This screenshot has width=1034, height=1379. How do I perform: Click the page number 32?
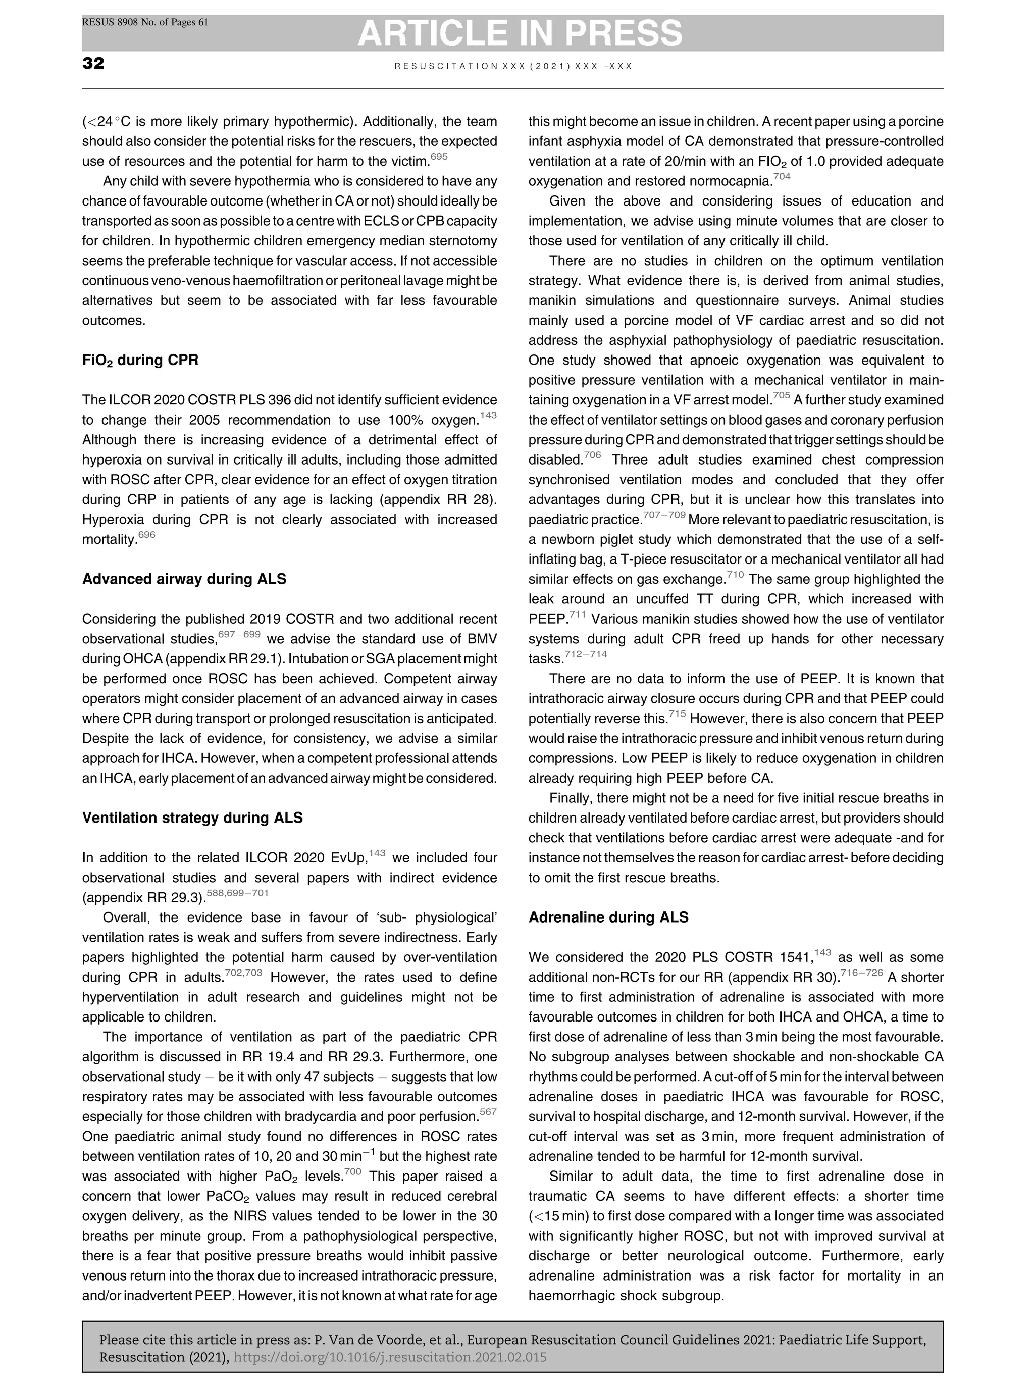point(93,64)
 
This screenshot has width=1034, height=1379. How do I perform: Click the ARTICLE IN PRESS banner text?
point(520,33)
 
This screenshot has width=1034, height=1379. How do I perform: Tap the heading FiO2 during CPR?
point(140,361)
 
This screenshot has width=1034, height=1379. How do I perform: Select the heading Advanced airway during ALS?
point(184,579)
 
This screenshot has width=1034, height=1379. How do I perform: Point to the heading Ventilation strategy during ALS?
point(192,818)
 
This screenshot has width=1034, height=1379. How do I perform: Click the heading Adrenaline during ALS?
point(608,917)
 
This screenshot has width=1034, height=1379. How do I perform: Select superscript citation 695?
point(439,157)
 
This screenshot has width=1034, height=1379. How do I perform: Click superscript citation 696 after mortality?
point(146,535)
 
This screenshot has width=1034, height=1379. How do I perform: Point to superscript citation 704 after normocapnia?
point(782,176)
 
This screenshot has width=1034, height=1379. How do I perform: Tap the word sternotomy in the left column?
point(460,241)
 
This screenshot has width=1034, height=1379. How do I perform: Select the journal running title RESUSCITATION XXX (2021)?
point(513,66)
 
